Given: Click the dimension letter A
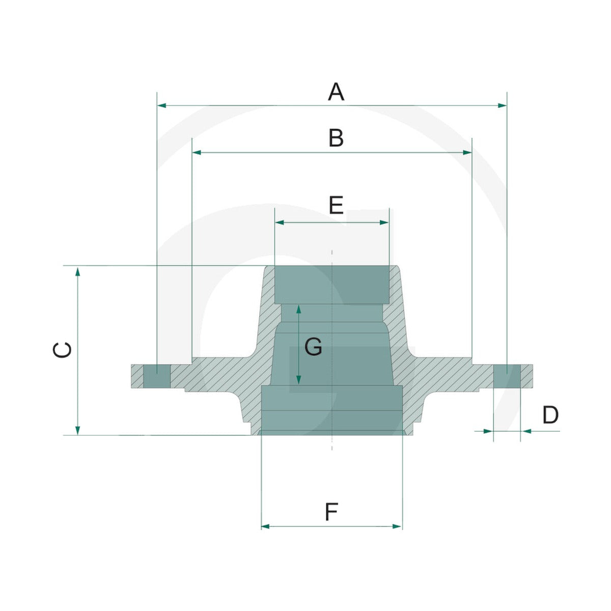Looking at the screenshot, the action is pos(336,92).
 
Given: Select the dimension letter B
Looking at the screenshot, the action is pos(336,138).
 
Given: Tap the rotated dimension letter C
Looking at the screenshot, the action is pos(62,350).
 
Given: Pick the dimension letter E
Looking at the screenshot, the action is pos(336,205).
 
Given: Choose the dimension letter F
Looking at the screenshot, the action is pos(331,512).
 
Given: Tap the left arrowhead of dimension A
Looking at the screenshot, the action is pos(162,105).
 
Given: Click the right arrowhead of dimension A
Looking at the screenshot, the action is pos(502,105).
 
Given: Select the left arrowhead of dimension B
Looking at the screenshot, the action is pos(197,153).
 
